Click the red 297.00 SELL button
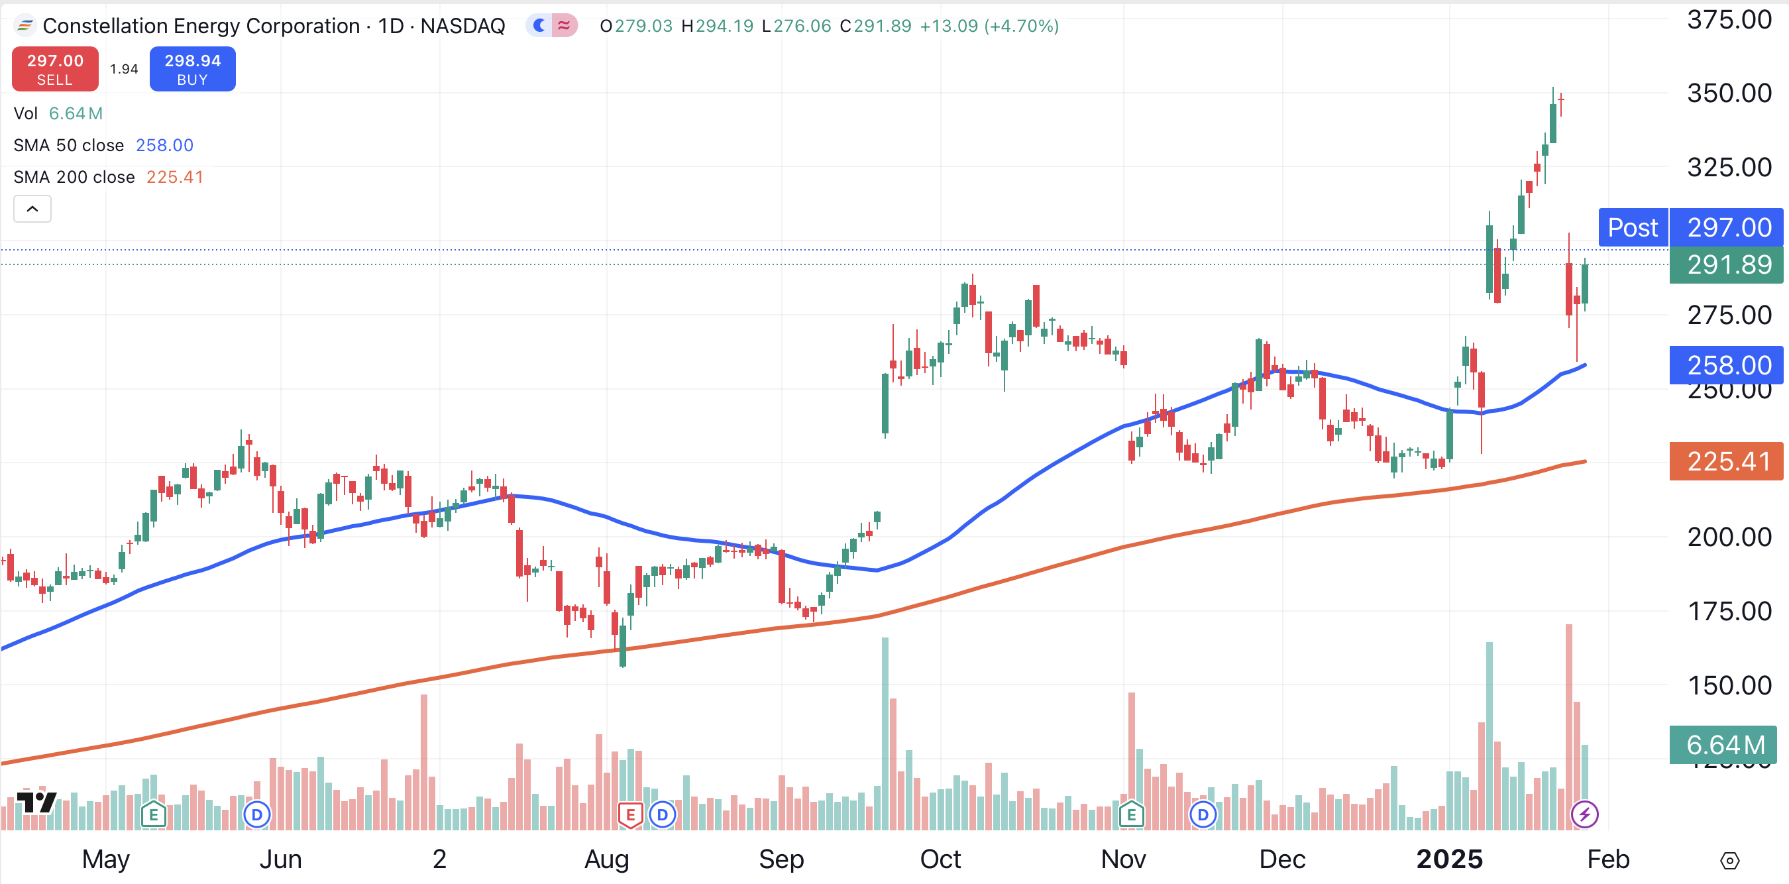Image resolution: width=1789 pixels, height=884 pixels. pos(55,69)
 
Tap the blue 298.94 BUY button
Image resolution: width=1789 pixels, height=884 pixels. pos(192,69)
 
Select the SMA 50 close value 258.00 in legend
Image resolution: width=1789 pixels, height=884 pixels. pos(164,145)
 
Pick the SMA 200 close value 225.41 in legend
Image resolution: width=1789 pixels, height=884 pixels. pos(174,177)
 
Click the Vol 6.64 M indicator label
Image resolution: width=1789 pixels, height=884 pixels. pos(58,113)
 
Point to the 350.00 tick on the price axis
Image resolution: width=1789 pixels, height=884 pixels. pos(1729,93)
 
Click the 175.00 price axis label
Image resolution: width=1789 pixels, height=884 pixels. pos(1729,611)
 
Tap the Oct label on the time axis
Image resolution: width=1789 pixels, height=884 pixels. pos(940,859)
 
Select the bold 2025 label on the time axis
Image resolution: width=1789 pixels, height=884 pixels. pos(1449,859)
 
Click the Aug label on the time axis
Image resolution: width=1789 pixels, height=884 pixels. pos(606,859)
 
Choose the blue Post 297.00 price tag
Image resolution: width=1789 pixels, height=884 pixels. pos(1690,227)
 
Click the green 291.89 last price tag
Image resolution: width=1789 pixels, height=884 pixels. pos(1727,264)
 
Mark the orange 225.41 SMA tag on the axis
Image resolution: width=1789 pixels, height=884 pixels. pos(1727,461)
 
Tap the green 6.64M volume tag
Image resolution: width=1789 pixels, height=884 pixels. pos(1725,745)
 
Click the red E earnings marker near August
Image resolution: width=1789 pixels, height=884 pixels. pos(630,814)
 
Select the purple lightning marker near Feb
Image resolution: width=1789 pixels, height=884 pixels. pos(1584,814)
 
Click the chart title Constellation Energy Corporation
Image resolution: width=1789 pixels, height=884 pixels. pos(201,26)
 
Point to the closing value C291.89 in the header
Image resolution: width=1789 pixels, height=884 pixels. pos(875,26)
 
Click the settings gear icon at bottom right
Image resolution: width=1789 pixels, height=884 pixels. pos(1729,861)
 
